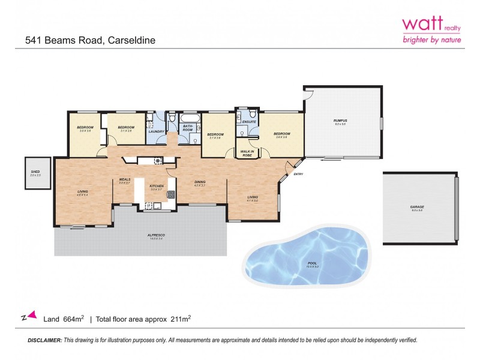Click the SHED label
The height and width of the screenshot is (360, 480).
[x=35, y=172]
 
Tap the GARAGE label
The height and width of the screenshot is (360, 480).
[x=417, y=206]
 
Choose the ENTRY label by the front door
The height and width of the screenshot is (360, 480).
[x=298, y=174]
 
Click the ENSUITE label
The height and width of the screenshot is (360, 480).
[x=249, y=122]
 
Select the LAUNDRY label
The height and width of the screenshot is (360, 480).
[x=157, y=131]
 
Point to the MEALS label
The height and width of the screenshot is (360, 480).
[x=125, y=179]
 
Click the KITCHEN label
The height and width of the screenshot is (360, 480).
[x=157, y=187]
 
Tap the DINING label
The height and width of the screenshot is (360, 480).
[x=200, y=182]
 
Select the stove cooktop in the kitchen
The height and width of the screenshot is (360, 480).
[x=158, y=160]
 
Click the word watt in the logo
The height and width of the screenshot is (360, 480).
[x=421, y=23]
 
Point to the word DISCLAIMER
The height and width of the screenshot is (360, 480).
[x=44, y=340]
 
